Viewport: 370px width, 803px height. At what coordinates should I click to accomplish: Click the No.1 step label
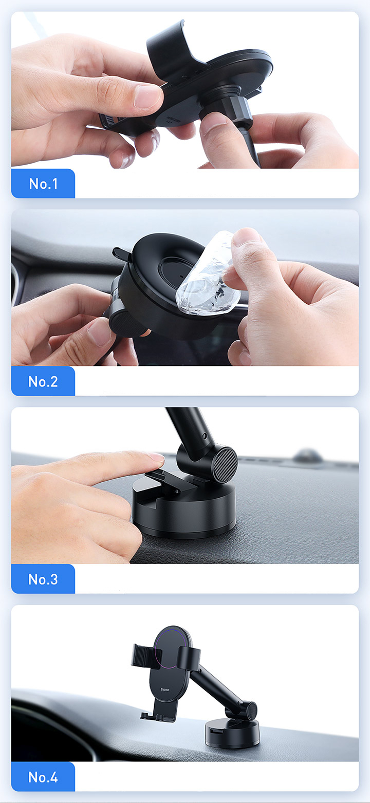pos(43,184)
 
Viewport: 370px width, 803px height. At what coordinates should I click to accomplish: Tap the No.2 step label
pos(43,381)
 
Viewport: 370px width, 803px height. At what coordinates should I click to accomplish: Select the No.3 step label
pos(43,579)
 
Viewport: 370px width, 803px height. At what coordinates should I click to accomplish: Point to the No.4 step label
pos(43,777)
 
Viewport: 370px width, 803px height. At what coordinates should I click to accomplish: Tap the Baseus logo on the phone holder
pos(165,690)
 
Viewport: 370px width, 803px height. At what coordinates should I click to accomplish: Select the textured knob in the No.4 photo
pos(251,711)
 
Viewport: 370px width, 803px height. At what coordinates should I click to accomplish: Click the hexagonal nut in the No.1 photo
pos(237,109)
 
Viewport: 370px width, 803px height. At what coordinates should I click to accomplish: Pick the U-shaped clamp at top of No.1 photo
pos(172,50)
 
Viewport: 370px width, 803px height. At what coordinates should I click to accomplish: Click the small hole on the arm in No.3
pos(204,436)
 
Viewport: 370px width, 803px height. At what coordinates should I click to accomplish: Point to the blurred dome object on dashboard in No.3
pos(308,455)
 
